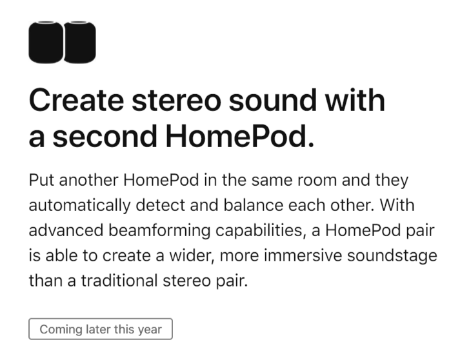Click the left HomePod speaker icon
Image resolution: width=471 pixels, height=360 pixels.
[x=46, y=43]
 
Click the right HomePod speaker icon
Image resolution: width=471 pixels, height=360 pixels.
[x=79, y=43]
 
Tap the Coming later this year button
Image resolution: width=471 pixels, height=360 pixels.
[x=101, y=329]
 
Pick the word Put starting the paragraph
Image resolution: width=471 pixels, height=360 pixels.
[x=40, y=180]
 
